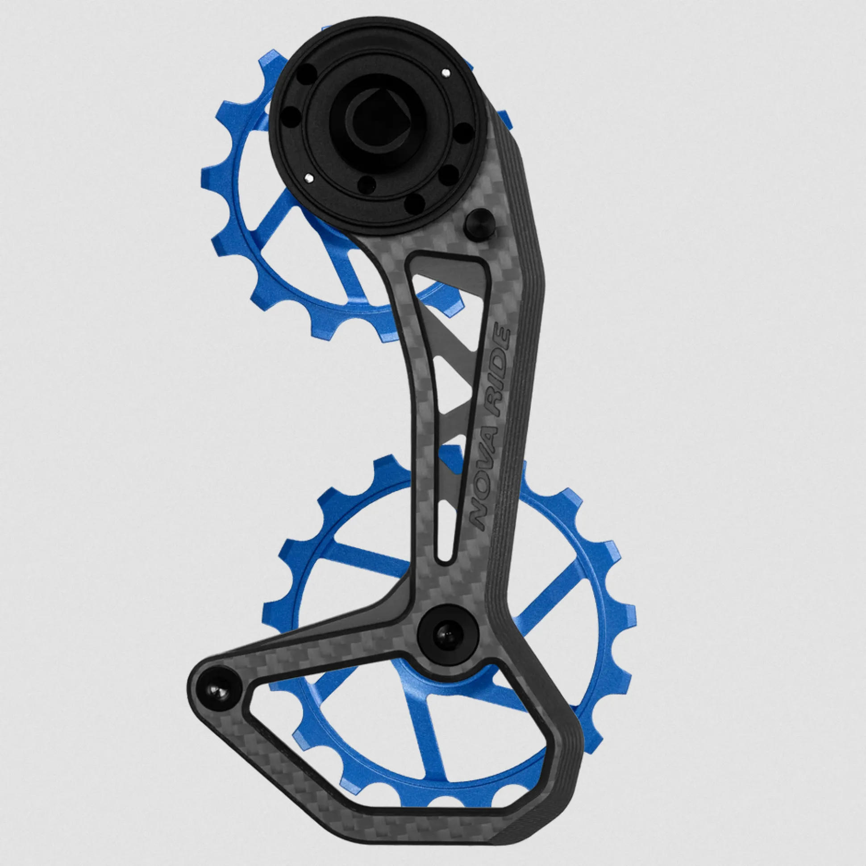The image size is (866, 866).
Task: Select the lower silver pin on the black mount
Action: (x=308, y=178)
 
